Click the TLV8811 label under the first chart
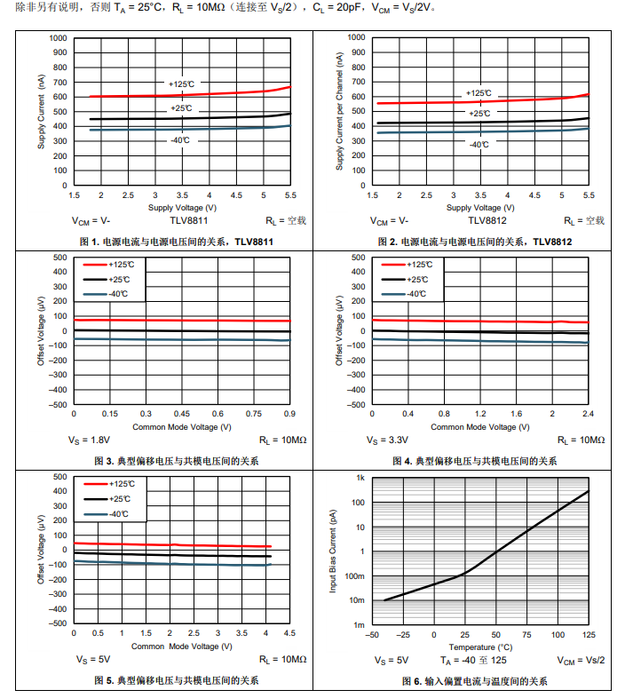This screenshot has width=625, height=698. click(x=189, y=220)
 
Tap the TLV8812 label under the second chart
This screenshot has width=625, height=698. click(x=487, y=220)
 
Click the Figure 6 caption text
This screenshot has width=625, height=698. click(x=474, y=681)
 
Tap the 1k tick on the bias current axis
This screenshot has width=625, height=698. click(x=360, y=478)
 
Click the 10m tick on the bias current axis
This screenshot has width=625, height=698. click(x=357, y=600)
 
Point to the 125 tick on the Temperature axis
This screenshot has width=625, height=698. click(x=589, y=634)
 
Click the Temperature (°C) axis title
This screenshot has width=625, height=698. click(x=480, y=646)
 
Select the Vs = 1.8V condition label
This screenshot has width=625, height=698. click(x=91, y=440)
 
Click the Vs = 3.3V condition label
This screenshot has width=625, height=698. click(x=388, y=440)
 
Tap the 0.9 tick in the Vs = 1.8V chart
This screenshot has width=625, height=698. click(x=289, y=414)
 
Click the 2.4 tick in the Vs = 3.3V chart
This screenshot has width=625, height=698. click(x=588, y=414)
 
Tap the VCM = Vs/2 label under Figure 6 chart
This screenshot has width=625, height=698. click(x=581, y=660)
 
